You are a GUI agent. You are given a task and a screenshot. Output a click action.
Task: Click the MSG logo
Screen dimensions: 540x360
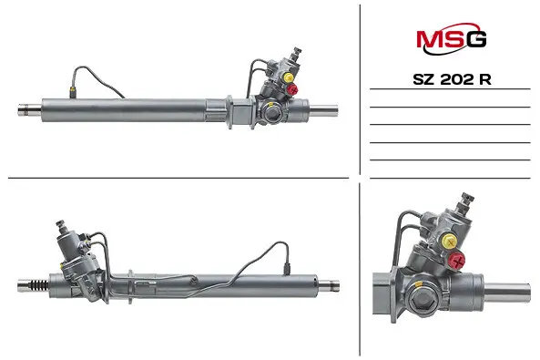pyautogui.click(x=451, y=38)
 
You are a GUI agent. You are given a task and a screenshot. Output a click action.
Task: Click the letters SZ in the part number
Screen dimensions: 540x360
pyautogui.click(x=424, y=79)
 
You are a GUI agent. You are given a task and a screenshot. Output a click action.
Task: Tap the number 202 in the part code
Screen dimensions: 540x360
pyautogui.click(x=456, y=79)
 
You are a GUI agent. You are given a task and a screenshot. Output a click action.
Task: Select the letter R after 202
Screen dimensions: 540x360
pyautogui.click(x=484, y=79)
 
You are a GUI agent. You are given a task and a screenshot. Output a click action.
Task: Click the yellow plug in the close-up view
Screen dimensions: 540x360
pyautogui.click(x=450, y=242)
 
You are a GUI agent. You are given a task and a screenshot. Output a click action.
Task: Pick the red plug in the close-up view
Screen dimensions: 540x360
pyautogui.click(x=457, y=260)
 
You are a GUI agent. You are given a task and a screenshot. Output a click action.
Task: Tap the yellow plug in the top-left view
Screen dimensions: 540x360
pyautogui.click(x=288, y=77)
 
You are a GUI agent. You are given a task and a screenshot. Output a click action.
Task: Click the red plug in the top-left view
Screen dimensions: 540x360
pyautogui.click(x=293, y=89)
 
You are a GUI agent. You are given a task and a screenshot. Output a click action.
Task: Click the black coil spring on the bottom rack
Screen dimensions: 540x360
pyautogui.click(x=39, y=285)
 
